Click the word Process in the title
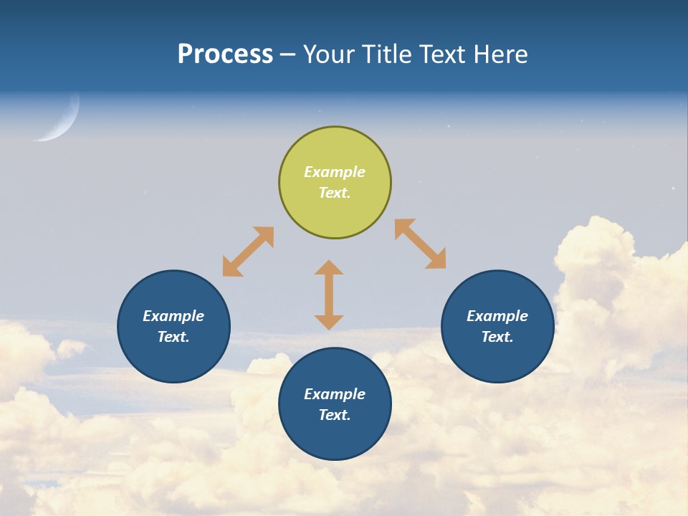point(225,54)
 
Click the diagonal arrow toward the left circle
point(248,252)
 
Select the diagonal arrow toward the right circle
point(421,244)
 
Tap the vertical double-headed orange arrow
point(329,295)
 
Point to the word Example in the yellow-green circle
point(335,172)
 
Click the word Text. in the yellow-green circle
point(335,193)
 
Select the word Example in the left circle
point(173,316)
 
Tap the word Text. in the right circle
point(497,337)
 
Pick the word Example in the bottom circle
point(335,394)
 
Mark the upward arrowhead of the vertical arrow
point(329,267)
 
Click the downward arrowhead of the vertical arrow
point(329,322)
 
